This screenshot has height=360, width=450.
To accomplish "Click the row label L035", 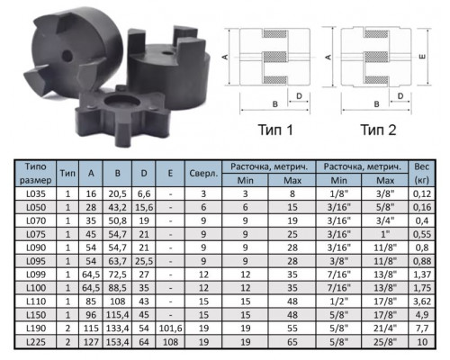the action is [x=36, y=193].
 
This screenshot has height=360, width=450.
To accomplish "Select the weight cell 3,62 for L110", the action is [x=422, y=301].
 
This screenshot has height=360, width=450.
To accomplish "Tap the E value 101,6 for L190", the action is [x=170, y=328].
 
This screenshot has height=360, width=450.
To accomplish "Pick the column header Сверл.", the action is [x=203, y=174].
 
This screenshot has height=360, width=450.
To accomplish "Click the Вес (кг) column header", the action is [x=421, y=174].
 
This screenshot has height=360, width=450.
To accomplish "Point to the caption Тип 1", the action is [x=275, y=130].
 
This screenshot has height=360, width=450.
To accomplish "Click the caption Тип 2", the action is [x=378, y=130].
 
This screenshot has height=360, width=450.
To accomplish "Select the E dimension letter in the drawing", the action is [x=422, y=57].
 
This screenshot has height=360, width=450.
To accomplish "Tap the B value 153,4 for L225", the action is [x=117, y=342].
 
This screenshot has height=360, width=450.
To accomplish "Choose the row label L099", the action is [x=36, y=274].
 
